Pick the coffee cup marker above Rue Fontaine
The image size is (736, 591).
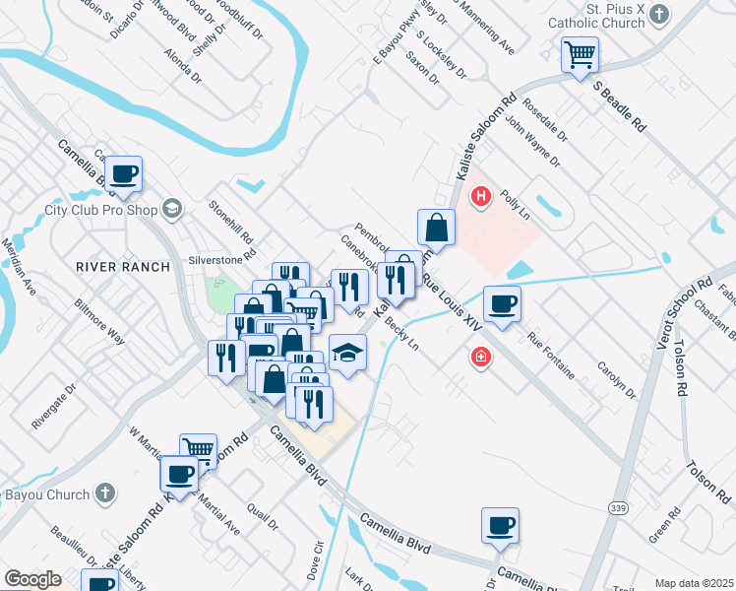pos(502,304)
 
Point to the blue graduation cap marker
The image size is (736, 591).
pos(347,353)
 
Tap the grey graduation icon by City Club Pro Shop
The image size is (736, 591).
pos(173,208)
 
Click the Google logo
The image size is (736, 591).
pos(32,579)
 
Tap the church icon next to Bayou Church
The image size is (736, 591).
pos(106,494)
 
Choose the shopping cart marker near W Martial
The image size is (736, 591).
pos(199,451)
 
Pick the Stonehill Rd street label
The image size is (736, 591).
pos(231,224)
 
